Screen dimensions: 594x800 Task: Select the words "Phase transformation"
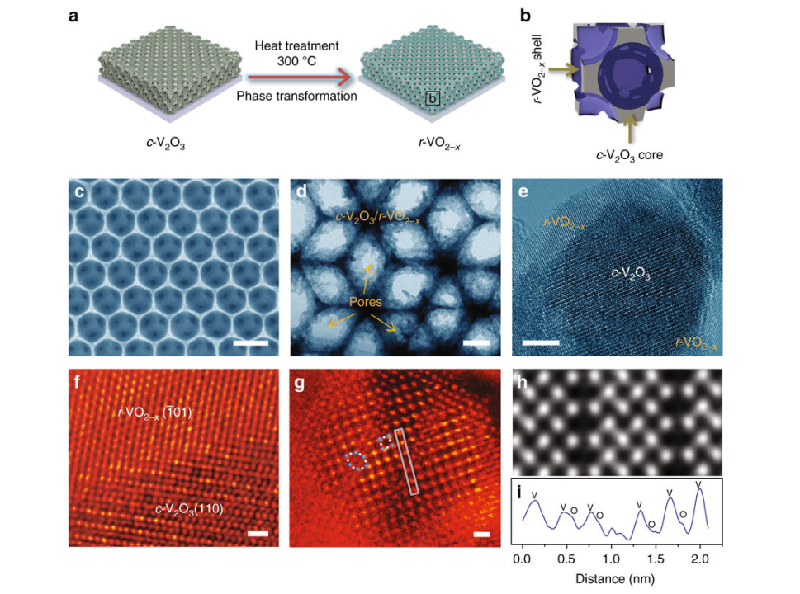[x=296, y=97]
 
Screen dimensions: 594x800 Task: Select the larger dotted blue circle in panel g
[x=356, y=460]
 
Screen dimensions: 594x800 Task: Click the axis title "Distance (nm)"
[x=611, y=578]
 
